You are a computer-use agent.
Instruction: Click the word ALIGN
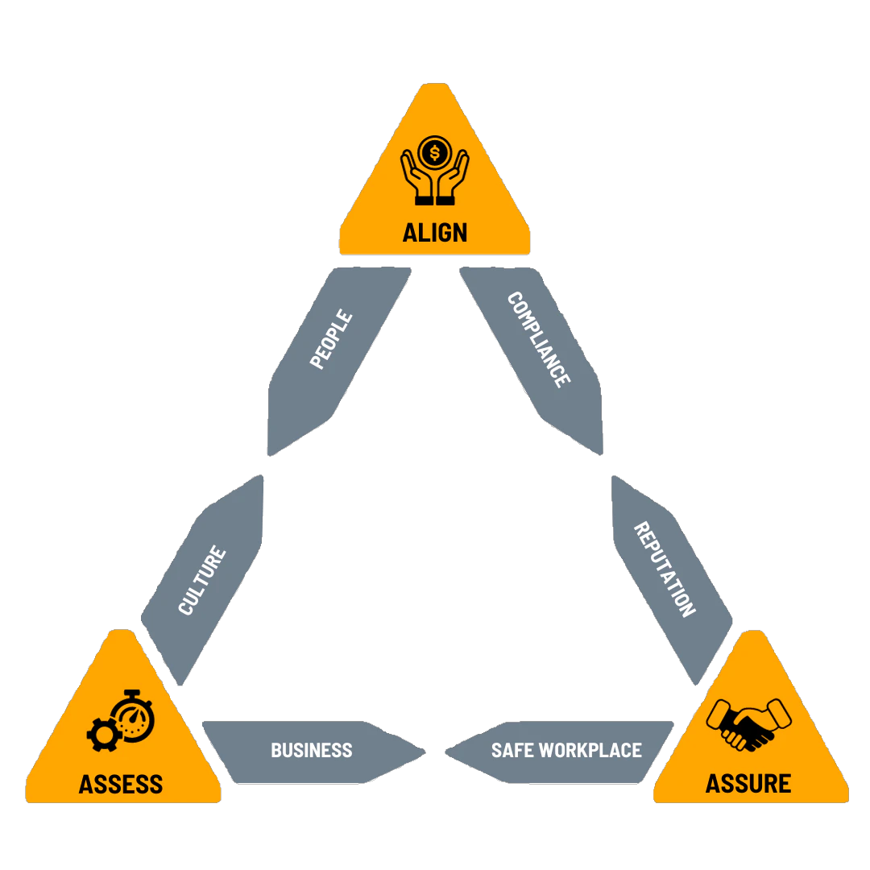coord(435,232)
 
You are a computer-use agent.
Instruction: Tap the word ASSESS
coord(121,784)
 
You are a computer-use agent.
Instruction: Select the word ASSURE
coord(748,782)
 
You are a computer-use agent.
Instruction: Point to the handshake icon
coord(748,723)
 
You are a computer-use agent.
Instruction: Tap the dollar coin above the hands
coord(435,151)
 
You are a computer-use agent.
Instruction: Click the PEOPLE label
coord(331,339)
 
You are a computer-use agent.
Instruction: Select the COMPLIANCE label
coord(539,339)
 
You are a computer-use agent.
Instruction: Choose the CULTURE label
coord(202,581)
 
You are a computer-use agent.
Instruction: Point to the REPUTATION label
coord(665,569)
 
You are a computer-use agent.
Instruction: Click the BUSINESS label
coord(312,750)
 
